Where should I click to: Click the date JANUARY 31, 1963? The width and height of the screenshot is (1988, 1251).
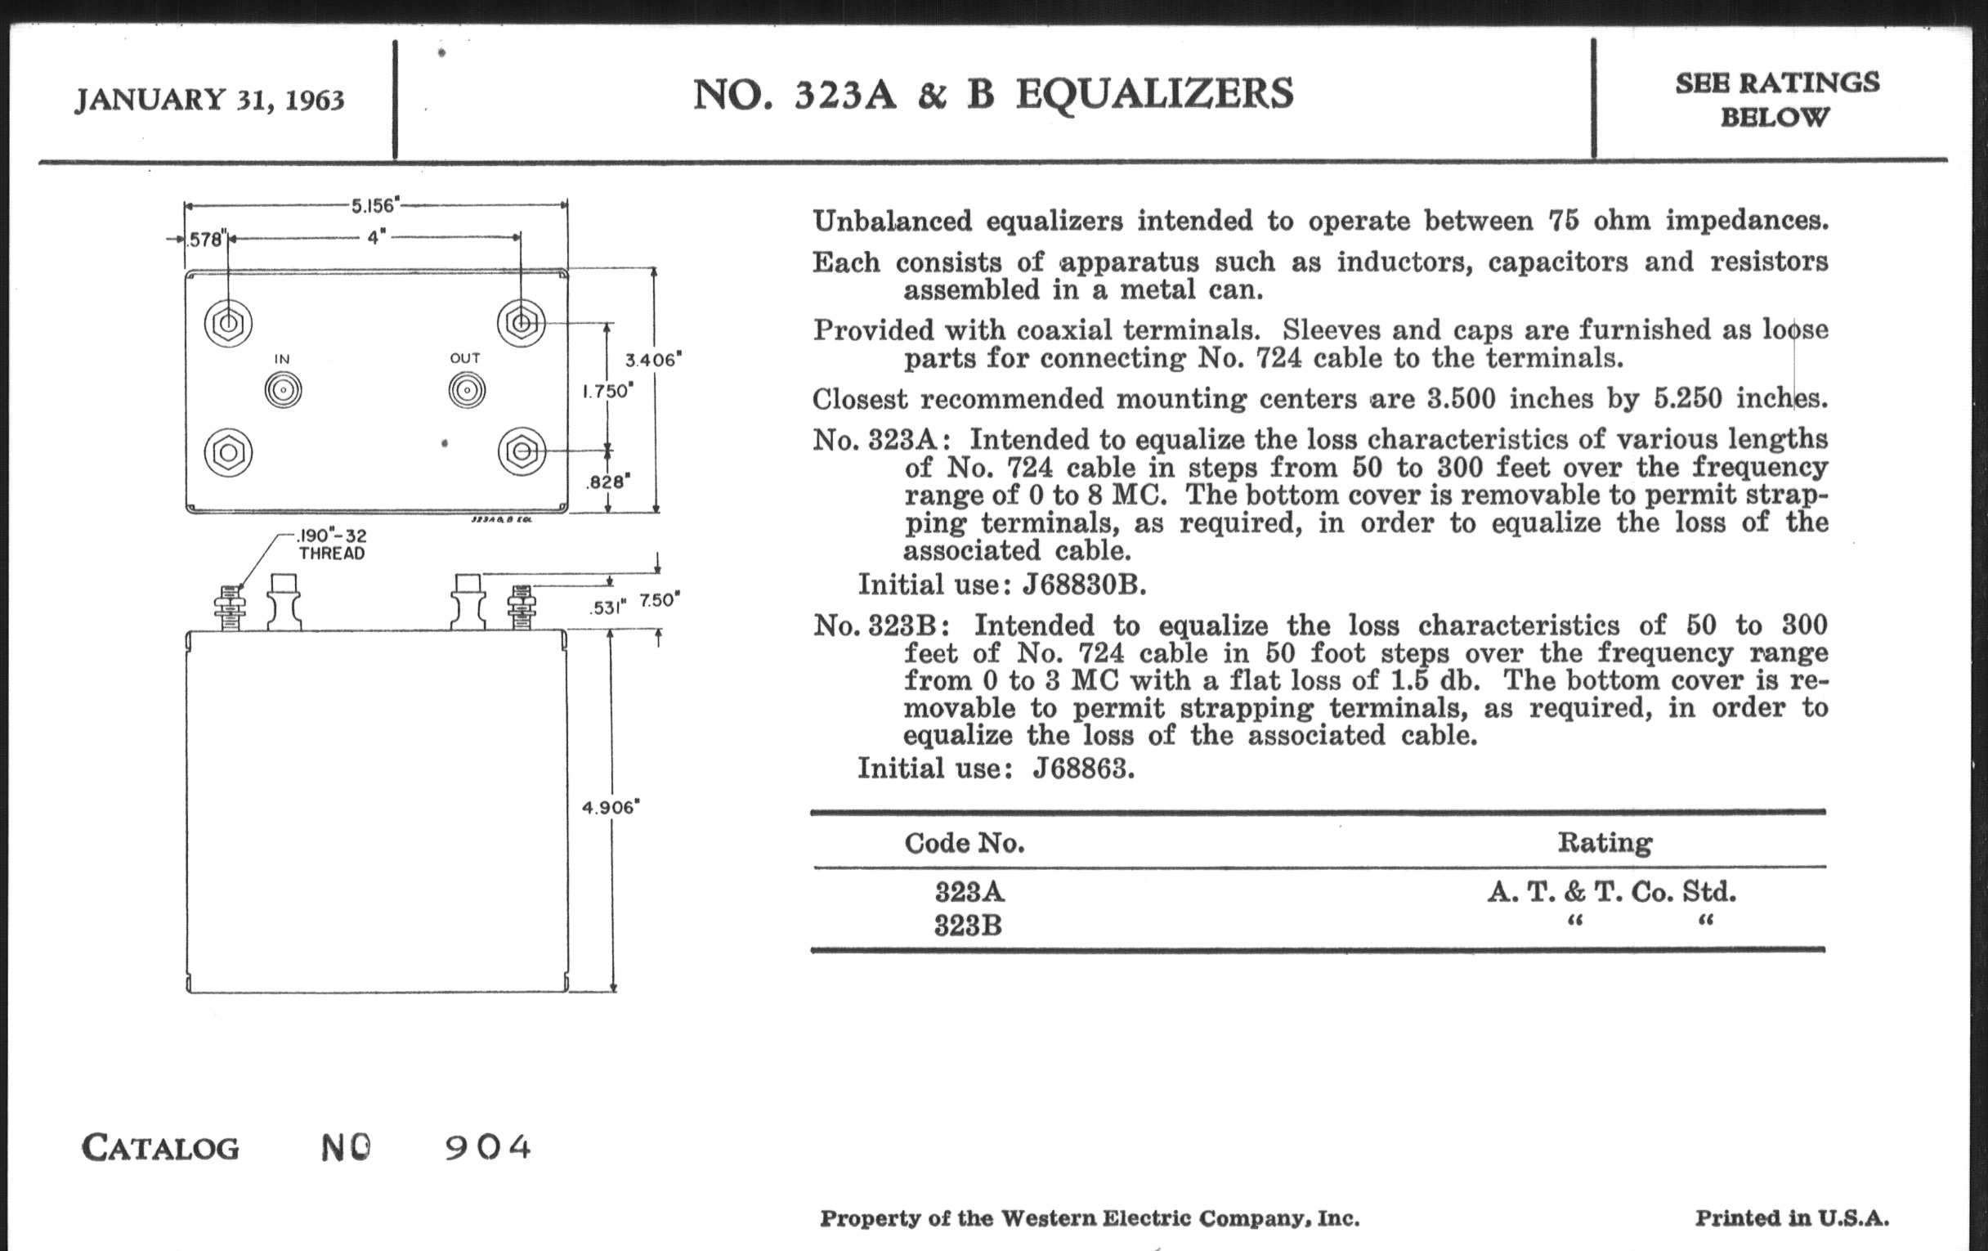(210, 100)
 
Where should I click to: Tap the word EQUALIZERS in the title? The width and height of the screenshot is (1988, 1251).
(1154, 93)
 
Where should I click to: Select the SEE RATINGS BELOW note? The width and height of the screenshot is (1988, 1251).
(1776, 99)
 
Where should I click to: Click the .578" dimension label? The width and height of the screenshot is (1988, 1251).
(204, 240)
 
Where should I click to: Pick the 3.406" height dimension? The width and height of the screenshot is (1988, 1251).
(653, 359)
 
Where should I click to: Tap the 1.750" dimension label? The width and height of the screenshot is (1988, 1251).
(607, 391)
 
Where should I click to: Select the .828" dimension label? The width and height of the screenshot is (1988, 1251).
(608, 482)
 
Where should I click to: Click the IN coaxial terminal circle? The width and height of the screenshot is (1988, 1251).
(283, 390)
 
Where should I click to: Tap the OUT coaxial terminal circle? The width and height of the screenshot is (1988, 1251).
(467, 390)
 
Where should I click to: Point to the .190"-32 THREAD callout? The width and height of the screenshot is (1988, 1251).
(332, 545)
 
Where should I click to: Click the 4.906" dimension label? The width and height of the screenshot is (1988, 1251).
(611, 808)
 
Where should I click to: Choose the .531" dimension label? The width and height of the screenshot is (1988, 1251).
(607, 608)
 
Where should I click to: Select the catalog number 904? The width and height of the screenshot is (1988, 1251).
(488, 1147)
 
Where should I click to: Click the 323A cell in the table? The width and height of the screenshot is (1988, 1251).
(969, 892)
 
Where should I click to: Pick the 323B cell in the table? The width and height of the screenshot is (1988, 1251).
(968, 926)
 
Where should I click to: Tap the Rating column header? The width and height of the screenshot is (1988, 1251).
(1604, 842)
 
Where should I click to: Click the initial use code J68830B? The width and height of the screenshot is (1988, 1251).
(1083, 585)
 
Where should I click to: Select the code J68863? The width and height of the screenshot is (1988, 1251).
(1083, 769)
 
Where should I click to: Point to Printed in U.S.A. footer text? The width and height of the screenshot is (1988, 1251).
(1792, 1218)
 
